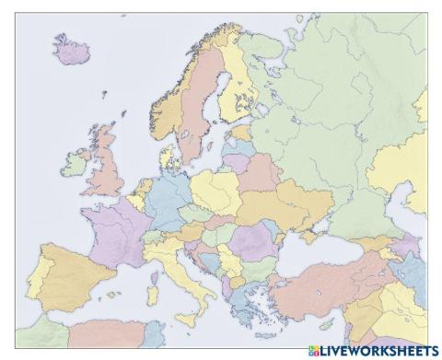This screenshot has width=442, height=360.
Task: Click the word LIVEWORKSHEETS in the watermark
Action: click(x=377, y=351)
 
